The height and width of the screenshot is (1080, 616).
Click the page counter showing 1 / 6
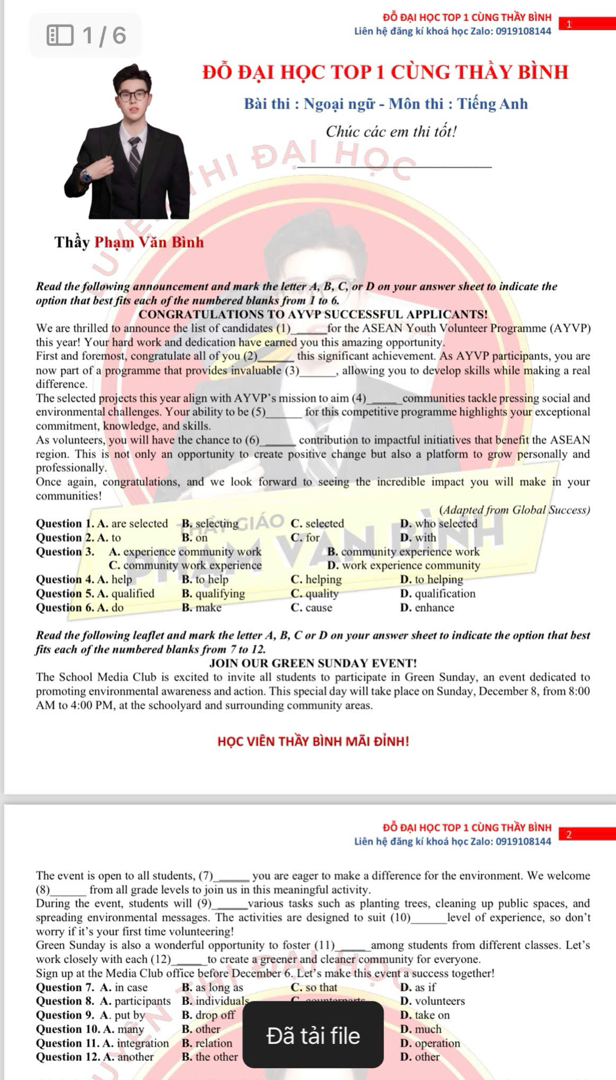pyautogui.click(x=86, y=36)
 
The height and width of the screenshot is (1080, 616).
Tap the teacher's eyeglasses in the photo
pyautogui.click(x=133, y=95)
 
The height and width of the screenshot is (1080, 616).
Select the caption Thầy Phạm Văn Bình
pyautogui.click(x=129, y=242)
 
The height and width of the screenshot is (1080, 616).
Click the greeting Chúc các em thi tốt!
pyautogui.click(x=391, y=132)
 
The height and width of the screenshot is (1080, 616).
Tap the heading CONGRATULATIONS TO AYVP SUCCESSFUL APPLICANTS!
pyautogui.click(x=313, y=315)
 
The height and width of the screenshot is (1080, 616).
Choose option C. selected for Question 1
pyautogui.click(x=317, y=524)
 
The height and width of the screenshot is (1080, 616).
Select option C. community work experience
pyautogui.click(x=185, y=565)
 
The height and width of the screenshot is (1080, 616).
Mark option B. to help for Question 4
pyautogui.click(x=205, y=579)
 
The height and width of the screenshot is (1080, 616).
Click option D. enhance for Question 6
pyautogui.click(x=427, y=607)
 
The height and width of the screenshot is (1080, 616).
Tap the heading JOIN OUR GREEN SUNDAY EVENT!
pyautogui.click(x=313, y=663)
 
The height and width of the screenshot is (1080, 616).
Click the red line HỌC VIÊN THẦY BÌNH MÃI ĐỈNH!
pyautogui.click(x=313, y=741)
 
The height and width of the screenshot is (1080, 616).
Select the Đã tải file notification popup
pyautogui.click(x=313, y=1035)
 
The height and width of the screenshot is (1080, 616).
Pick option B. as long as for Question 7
pyautogui.click(x=212, y=987)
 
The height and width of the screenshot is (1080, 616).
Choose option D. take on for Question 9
pyautogui.click(x=425, y=1015)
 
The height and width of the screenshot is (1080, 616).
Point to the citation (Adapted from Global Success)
pyautogui.click(x=514, y=510)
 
